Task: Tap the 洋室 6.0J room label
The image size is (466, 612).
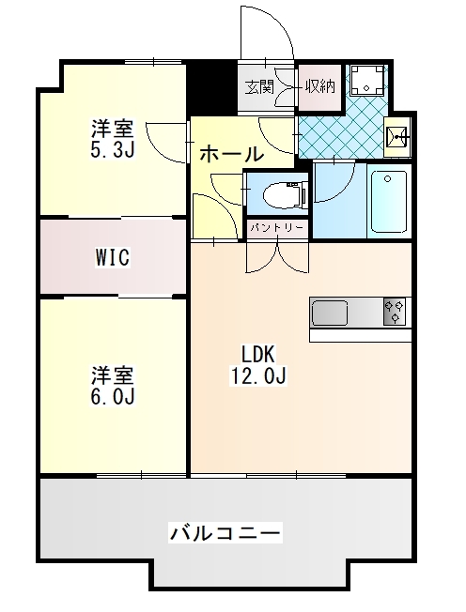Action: (113, 386)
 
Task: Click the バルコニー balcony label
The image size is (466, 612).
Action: (225, 533)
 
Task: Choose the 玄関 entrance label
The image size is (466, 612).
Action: (259, 87)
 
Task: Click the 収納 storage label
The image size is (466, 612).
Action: (319, 87)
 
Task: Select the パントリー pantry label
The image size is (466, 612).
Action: (277, 227)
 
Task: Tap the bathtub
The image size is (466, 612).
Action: (388, 201)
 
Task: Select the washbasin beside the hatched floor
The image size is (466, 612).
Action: (398, 140)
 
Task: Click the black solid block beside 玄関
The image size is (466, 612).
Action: (211, 86)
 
